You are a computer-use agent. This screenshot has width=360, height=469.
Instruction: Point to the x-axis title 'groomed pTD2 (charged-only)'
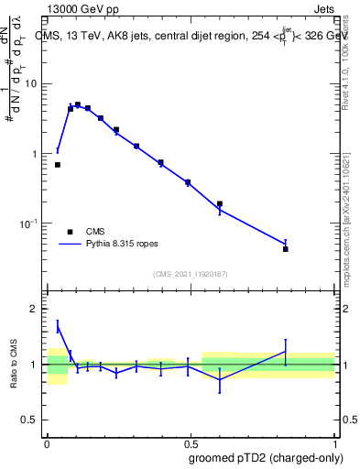(266, 457)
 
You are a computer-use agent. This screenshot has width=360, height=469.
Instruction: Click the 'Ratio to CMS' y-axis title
(15, 365)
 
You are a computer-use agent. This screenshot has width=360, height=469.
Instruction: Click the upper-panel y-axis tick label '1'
(36, 154)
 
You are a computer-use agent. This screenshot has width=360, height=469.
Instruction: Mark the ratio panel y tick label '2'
(36, 309)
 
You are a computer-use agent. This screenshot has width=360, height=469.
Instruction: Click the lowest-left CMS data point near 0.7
(58, 165)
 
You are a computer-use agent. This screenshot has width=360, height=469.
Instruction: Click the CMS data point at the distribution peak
(78, 105)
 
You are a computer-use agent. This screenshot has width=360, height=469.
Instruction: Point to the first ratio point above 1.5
(58, 326)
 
